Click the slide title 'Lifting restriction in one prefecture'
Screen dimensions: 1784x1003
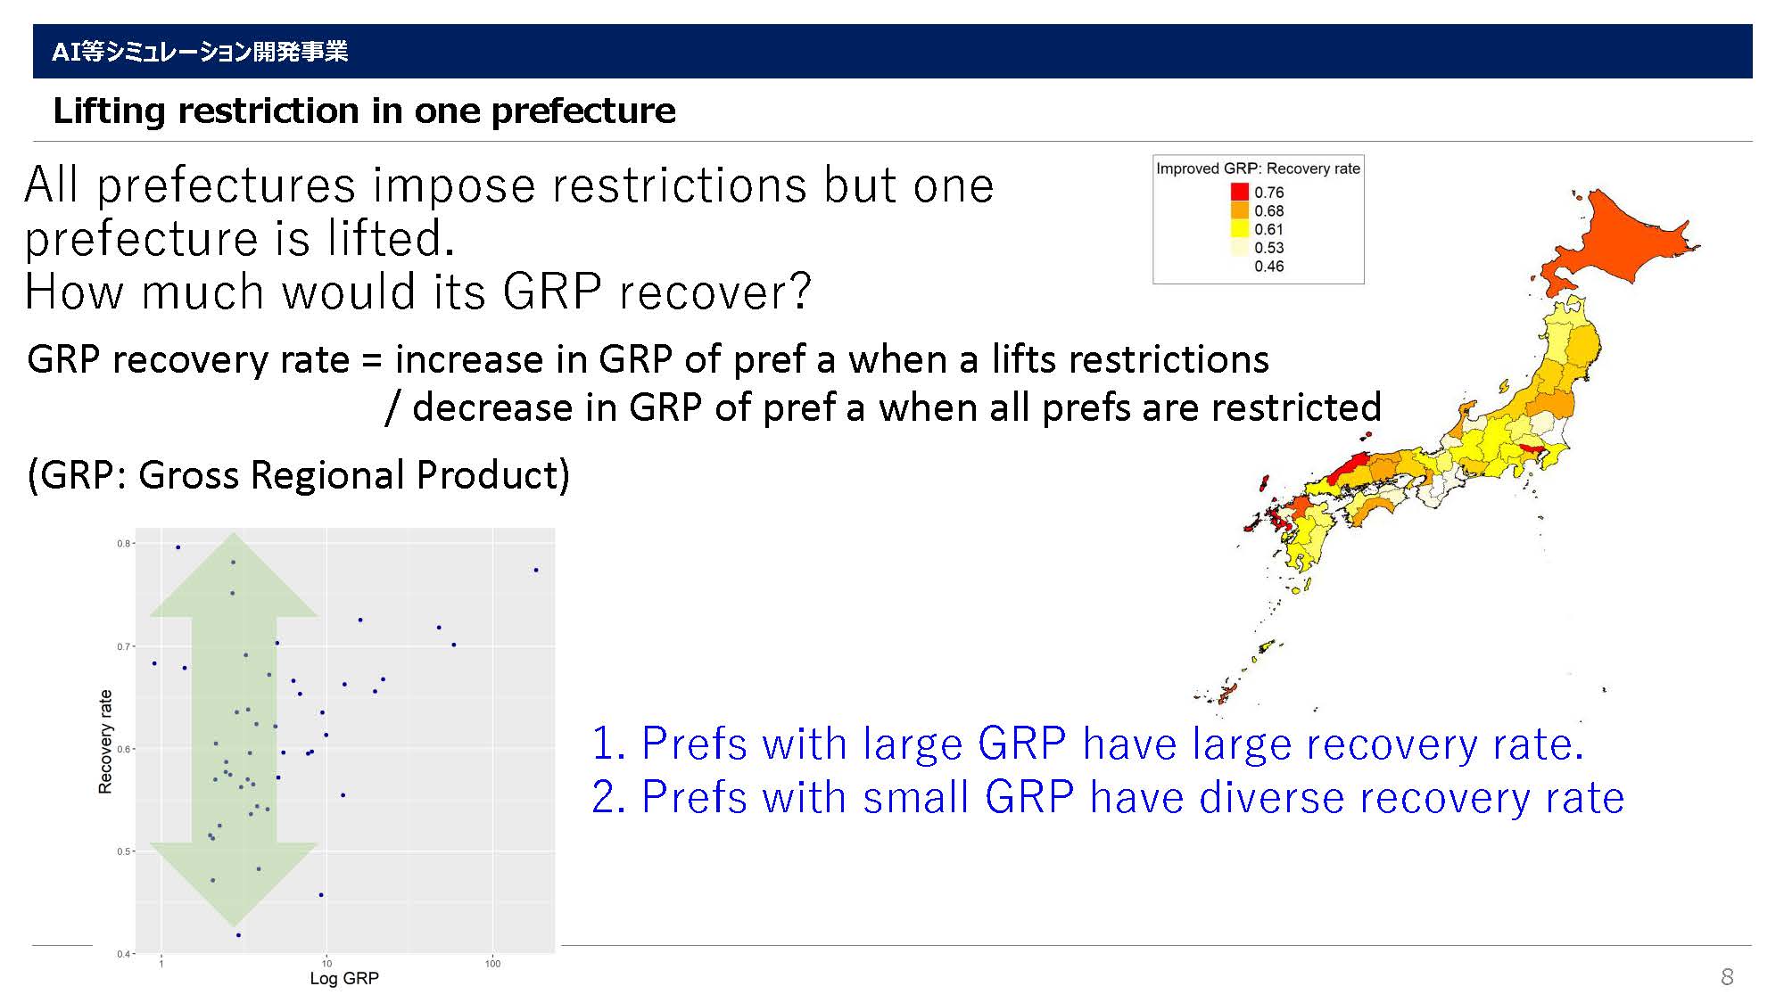pyautogui.click(x=364, y=111)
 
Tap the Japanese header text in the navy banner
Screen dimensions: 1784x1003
pyautogui.click(x=200, y=52)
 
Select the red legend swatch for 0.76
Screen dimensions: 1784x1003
pyautogui.click(x=1240, y=192)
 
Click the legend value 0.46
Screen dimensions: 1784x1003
pyautogui.click(x=1268, y=267)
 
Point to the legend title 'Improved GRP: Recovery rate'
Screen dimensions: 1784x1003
pyautogui.click(x=1258, y=169)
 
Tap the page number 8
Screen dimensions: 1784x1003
pyautogui.click(x=1727, y=976)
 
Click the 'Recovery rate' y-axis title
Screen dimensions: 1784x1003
pyautogui.click(x=105, y=742)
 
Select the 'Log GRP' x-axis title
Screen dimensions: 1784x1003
pyautogui.click(x=344, y=978)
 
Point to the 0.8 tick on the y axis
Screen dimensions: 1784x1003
pyautogui.click(x=123, y=543)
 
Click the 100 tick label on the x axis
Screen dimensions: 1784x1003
pyautogui.click(x=492, y=963)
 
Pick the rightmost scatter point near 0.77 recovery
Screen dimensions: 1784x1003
pyautogui.click(x=535, y=570)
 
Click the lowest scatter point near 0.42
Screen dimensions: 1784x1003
pyautogui.click(x=238, y=935)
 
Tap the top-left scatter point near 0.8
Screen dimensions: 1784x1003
pyautogui.click(x=178, y=547)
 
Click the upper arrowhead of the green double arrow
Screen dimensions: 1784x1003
pyautogui.click(x=234, y=575)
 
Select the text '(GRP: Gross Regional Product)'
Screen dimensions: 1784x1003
pyautogui.click(x=299, y=475)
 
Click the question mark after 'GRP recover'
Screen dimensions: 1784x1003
pyautogui.click(x=800, y=291)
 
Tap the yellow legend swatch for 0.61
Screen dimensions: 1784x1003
pyautogui.click(x=1240, y=229)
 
